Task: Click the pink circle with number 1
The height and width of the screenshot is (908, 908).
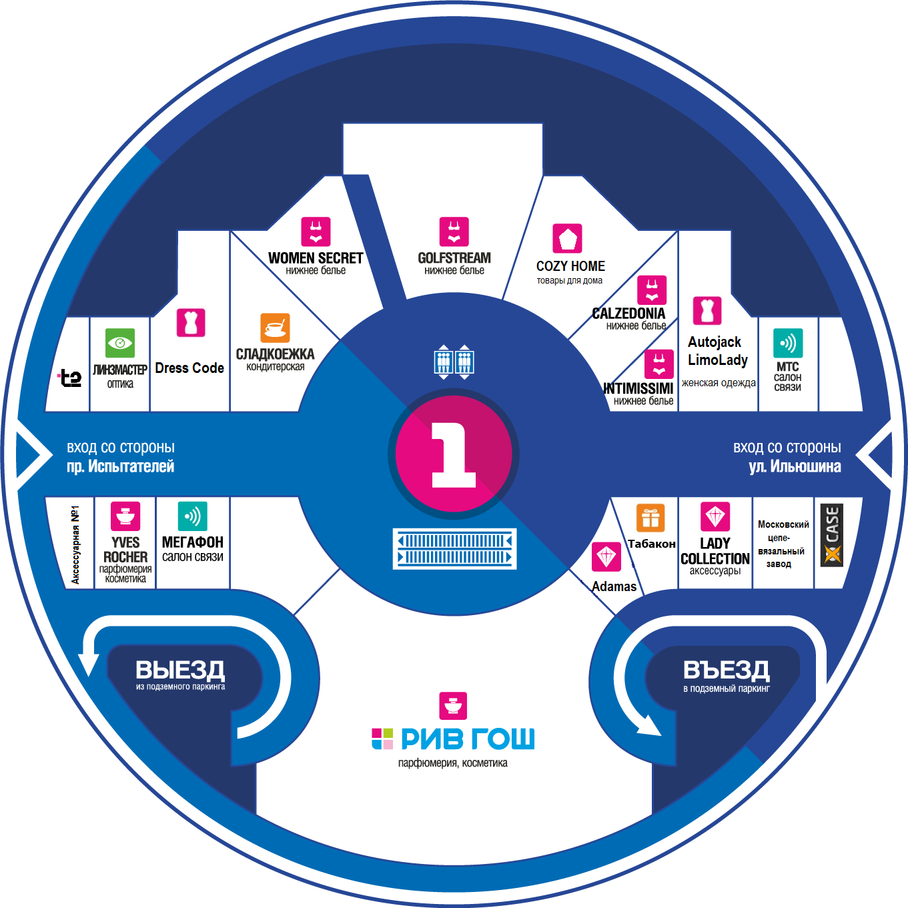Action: click(453, 454)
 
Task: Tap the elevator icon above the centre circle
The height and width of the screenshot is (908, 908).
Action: click(454, 362)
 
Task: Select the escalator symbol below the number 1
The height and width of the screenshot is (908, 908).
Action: click(454, 549)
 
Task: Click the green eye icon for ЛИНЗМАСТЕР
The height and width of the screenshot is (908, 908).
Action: click(119, 343)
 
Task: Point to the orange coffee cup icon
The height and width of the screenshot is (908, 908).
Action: click(275, 328)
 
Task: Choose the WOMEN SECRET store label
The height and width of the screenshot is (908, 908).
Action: click(316, 258)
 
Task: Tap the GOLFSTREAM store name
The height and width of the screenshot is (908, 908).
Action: click(454, 258)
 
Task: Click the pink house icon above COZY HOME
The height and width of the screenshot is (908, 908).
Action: click(567, 238)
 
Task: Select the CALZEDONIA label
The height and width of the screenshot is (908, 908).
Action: click(628, 314)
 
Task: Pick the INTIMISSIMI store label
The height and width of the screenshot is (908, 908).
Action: click(638, 388)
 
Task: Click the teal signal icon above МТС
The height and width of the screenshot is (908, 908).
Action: click(788, 343)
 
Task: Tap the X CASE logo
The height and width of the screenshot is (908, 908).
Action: click(832, 535)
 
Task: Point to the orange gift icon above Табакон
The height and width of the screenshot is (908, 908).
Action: click(650, 518)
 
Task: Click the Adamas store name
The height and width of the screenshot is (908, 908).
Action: click(614, 586)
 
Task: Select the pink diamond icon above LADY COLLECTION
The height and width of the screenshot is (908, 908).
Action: click(715, 516)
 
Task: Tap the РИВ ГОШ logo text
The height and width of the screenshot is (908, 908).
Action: click(453, 739)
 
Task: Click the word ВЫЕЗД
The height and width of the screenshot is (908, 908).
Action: click(180, 670)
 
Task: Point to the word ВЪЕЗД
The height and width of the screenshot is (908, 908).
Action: click(726, 670)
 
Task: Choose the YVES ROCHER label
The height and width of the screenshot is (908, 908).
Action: click(125, 550)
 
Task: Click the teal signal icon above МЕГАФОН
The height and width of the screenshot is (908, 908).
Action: click(192, 516)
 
